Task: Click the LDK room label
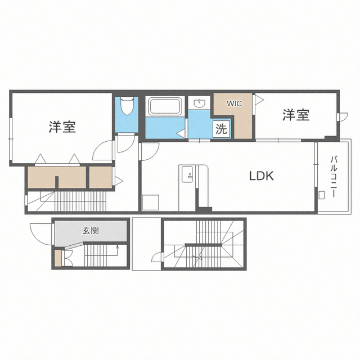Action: pyautogui.click(x=262, y=176)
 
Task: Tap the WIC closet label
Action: pyautogui.click(x=235, y=103)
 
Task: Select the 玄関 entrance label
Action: pyautogui.click(x=91, y=231)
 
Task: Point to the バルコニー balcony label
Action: pyautogui.click(x=334, y=176)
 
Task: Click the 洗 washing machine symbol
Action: pyautogui.click(x=221, y=129)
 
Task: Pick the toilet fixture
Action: pyautogui.click(x=127, y=106)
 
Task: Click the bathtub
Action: pyautogui.click(x=165, y=106)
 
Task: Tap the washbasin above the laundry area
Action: pyautogui.click(x=199, y=103)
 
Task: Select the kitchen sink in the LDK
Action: pyautogui.click(x=187, y=174)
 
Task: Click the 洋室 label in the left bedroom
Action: pyautogui.click(x=62, y=127)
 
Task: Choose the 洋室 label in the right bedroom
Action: pyautogui.click(x=296, y=115)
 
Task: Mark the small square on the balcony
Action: pyautogui.click(x=321, y=195)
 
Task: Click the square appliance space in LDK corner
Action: pyautogui.click(x=150, y=202)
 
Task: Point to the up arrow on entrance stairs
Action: pyautogui.click(x=118, y=247)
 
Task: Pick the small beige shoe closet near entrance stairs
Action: pyautogui.click(x=58, y=258)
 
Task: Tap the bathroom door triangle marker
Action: pyautogui.click(x=182, y=134)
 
